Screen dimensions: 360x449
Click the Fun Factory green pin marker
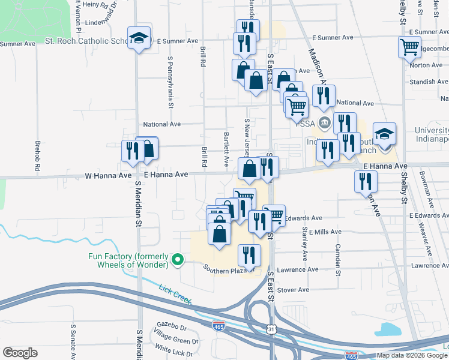tap(177, 259)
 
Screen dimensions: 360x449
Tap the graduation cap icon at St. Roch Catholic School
tap(139, 39)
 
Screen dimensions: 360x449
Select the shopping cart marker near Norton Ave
tap(409, 47)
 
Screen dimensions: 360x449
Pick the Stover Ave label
tap(293, 289)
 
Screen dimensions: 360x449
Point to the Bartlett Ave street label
tap(226, 149)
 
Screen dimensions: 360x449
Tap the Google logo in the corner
tap(20, 353)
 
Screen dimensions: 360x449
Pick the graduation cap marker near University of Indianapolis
tap(384, 135)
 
